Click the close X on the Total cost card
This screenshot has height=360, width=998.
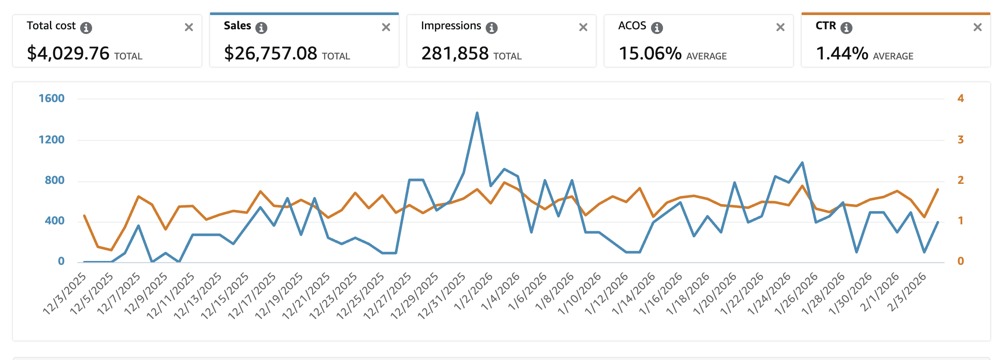pyautogui.click(x=189, y=28)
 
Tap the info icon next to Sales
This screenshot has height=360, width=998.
pyautogui.click(x=261, y=28)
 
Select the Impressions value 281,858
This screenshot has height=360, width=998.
pyautogui.click(x=455, y=53)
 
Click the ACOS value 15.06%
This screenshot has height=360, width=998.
pyautogui.click(x=650, y=53)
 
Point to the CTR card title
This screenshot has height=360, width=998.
pyautogui.click(x=825, y=26)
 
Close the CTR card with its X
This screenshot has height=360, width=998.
pyautogui.click(x=977, y=28)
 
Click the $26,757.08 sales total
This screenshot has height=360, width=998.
pyautogui.click(x=270, y=53)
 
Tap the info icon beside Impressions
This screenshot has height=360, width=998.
pyautogui.click(x=491, y=28)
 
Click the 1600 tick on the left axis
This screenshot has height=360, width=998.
pyautogui.click(x=52, y=99)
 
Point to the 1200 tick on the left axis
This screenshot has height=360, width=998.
pyautogui.click(x=52, y=140)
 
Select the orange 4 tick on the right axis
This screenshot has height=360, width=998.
pyautogui.click(x=960, y=99)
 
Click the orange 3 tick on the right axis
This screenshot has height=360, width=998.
pyautogui.click(x=960, y=140)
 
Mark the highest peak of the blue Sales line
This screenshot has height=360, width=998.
pyautogui.click(x=477, y=113)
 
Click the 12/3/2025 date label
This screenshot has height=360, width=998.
pyautogui.click(x=65, y=294)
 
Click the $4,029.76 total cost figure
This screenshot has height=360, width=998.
pyautogui.click(x=68, y=53)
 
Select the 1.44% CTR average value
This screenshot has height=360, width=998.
pyautogui.click(x=842, y=53)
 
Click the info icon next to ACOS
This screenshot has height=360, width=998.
pyautogui.click(x=657, y=28)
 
